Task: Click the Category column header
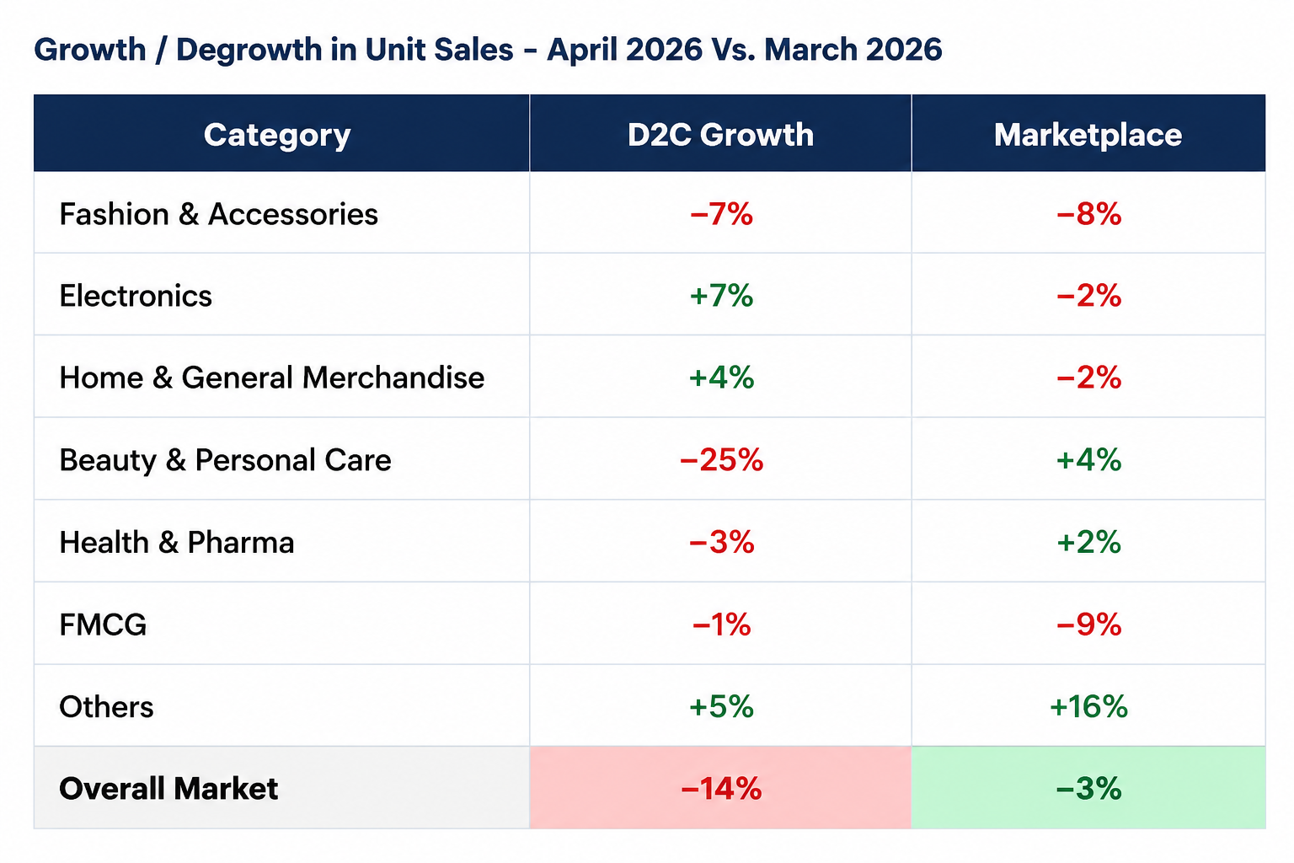(x=277, y=136)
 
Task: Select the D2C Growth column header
(x=720, y=135)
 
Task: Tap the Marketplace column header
(x=1088, y=136)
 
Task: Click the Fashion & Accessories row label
(x=218, y=214)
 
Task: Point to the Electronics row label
(x=136, y=296)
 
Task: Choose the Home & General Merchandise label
(x=271, y=378)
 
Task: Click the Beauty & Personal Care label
(x=225, y=460)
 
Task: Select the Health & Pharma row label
(x=177, y=542)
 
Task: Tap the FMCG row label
(x=103, y=624)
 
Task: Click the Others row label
(x=106, y=707)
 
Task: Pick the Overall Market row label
(x=168, y=789)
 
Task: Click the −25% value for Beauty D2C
(x=721, y=460)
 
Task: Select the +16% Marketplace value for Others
(x=1088, y=707)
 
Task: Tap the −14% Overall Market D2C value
(x=721, y=789)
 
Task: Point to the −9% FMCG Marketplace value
(x=1088, y=624)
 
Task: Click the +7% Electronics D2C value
(x=721, y=296)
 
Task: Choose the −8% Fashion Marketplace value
(x=1088, y=214)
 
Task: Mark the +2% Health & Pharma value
(x=1088, y=542)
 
